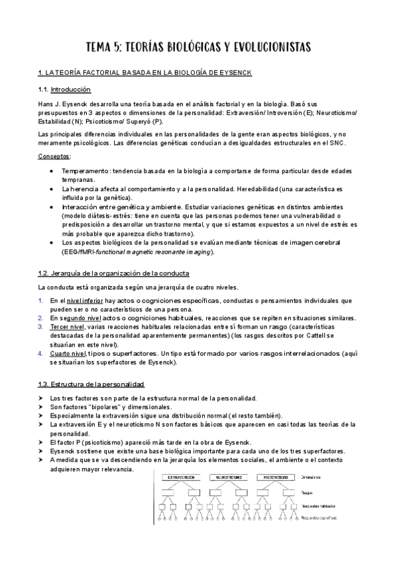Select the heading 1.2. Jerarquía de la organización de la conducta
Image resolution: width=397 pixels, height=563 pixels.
pos(114,274)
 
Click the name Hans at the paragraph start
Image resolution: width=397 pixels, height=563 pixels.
pos(45,104)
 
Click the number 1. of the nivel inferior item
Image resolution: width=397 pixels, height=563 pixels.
pos(41,301)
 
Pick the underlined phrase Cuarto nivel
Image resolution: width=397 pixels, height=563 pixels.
pos(68,353)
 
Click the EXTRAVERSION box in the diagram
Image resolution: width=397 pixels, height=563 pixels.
pos(184,477)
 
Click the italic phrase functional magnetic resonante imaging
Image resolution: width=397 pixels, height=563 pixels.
pos(152,252)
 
